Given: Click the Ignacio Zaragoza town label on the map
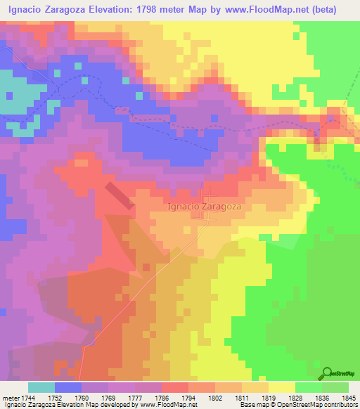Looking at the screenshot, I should [x=205, y=207].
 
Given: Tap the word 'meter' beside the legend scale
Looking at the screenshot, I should [x=11, y=397].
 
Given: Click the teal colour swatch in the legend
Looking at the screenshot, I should [x=41, y=387].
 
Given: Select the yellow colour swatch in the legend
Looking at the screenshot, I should [x=281, y=387].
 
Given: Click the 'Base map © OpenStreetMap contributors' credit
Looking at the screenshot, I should [x=298, y=405].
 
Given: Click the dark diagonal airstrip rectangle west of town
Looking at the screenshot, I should [x=120, y=197].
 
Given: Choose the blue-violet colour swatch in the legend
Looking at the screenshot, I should [x=68, y=387].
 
